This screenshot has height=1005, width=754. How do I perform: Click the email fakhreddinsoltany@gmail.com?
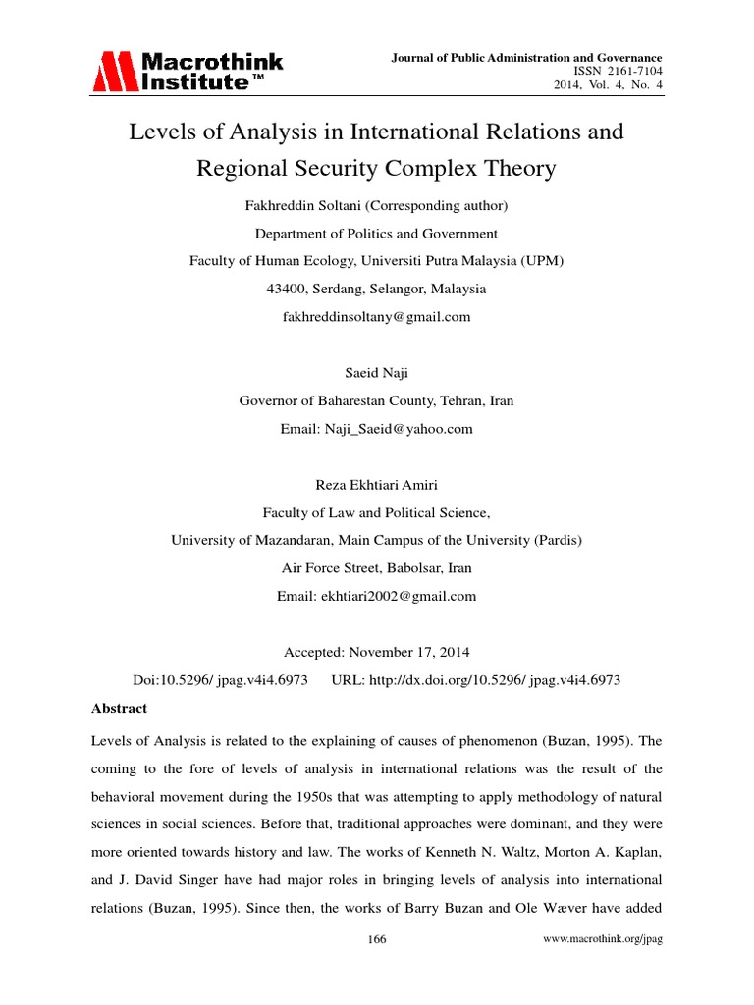pos(376,316)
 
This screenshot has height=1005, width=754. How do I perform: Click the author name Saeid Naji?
pos(376,373)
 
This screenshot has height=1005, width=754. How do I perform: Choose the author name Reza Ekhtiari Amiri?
pos(376,485)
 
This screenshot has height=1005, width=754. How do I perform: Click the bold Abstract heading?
pos(119,708)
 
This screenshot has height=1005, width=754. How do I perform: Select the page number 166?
pos(377,939)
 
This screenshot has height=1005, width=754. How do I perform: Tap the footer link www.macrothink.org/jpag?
pos(604,939)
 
